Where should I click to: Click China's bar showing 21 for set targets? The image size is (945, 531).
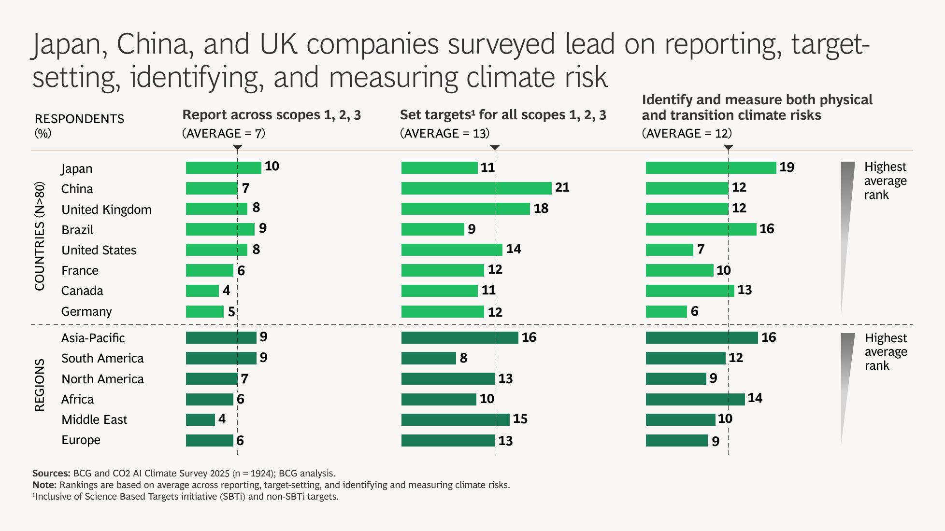tap(476, 188)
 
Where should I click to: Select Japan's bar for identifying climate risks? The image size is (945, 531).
tap(711, 168)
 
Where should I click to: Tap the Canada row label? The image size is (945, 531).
tap(82, 291)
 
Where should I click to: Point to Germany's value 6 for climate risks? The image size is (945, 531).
tap(694, 311)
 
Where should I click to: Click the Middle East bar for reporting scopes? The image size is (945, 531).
tap(200, 419)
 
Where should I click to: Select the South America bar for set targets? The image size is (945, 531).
tap(429, 358)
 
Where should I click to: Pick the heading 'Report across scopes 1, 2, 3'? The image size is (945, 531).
tap(272, 115)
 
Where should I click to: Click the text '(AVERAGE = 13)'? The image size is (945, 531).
tap(444, 133)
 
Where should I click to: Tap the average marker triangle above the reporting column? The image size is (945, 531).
tap(237, 148)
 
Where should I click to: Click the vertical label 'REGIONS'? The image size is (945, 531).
tap(40, 385)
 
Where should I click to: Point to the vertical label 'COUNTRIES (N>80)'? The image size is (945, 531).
tap(40, 236)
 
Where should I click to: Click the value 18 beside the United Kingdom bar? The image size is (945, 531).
tap(541, 209)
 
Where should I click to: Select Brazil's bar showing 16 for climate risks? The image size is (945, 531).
tap(701, 229)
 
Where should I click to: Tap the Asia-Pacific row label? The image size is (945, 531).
tap(93, 338)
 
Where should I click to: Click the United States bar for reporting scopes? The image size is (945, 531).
tap(216, 250)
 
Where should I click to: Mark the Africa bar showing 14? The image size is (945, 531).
tap(695, 399)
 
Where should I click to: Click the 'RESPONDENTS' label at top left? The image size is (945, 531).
tap(80, 119)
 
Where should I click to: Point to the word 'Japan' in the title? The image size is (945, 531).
tap(69, 44)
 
